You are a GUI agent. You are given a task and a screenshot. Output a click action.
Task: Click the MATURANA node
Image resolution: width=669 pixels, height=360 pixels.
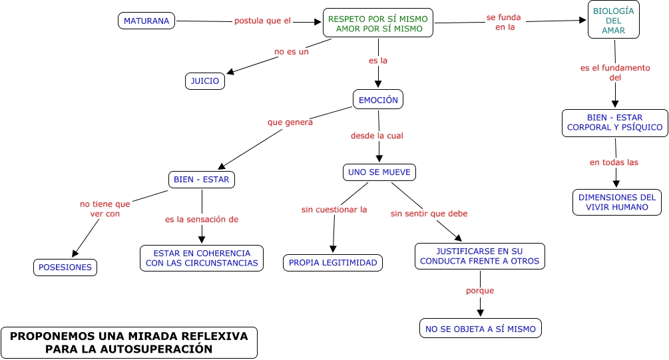click(147, 21)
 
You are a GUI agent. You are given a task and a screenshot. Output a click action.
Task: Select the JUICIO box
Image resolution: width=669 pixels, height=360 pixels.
click(204, 81)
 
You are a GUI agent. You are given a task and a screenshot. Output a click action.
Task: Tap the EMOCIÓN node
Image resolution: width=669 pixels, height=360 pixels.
click(378, 100)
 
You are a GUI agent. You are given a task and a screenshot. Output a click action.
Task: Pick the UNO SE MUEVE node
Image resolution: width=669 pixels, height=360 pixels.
click(379, 172)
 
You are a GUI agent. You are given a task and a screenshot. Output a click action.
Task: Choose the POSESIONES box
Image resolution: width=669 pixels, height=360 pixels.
click(65, 268)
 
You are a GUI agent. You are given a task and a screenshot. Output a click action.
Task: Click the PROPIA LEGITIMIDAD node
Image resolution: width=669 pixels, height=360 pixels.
click(333, 263)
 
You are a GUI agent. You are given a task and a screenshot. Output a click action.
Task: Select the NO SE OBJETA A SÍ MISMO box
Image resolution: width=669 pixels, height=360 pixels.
click(480, 329)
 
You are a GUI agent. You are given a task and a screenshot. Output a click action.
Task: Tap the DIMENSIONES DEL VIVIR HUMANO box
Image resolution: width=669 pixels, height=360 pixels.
click(617, 202)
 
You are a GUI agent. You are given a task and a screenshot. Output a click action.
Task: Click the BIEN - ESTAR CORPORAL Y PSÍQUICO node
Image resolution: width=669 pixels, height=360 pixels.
click(614, 122)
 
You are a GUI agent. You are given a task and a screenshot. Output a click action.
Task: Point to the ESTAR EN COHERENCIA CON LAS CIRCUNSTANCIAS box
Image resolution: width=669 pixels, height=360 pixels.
click(202, 258)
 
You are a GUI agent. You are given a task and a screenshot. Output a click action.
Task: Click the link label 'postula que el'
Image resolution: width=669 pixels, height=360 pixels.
click(262, 21)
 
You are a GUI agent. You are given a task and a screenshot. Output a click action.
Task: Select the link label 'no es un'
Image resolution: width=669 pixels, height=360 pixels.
click(292, 51)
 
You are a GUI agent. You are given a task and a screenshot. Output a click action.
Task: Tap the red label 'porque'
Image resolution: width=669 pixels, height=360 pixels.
click(480, 291)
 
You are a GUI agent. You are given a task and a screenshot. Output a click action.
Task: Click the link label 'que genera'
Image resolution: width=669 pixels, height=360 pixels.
click(290, 122)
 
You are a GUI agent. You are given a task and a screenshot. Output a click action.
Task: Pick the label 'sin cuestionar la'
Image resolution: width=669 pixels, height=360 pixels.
click(334, 210)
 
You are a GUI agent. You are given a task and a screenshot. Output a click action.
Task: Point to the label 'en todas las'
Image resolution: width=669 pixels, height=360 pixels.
click(614, 162)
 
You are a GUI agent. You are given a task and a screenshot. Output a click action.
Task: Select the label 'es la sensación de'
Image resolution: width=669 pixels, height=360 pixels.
click(202, 219)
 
